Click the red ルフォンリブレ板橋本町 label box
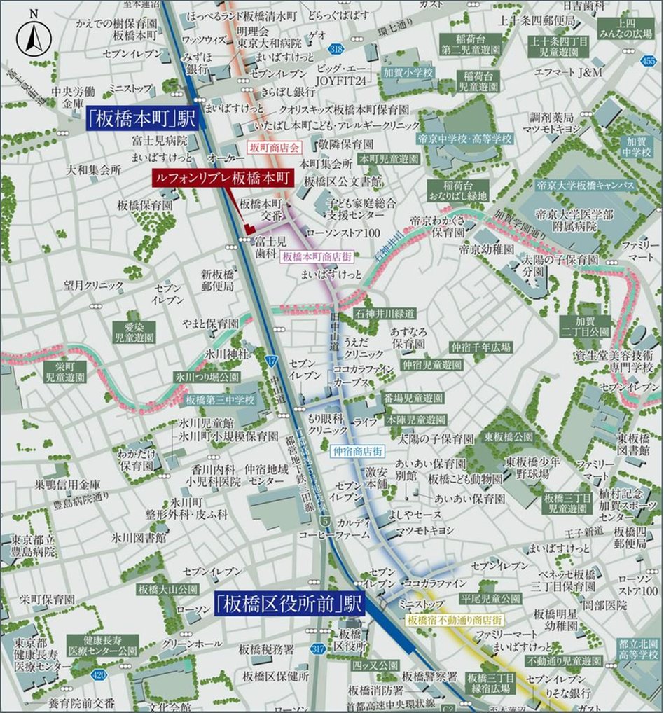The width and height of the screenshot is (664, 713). pyautogui.click(x=221, y=179)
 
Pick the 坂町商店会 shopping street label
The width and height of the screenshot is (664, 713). pyautogui.click(x=274, y=148)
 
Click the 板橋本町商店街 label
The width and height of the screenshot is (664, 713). pyautogui.click(x=317, y=257)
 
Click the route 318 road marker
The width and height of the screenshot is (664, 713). pyautogui.click(x=336, y=48)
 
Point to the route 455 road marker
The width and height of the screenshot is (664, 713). pyautogui.click(x=649, y=61)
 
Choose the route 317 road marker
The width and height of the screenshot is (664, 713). pyautogui.click(x=318, y=649)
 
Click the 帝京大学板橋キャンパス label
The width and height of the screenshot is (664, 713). pyautogui.click(x=584, y=186)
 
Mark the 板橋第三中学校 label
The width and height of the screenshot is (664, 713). pyautogui.click(x=221, y=400)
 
